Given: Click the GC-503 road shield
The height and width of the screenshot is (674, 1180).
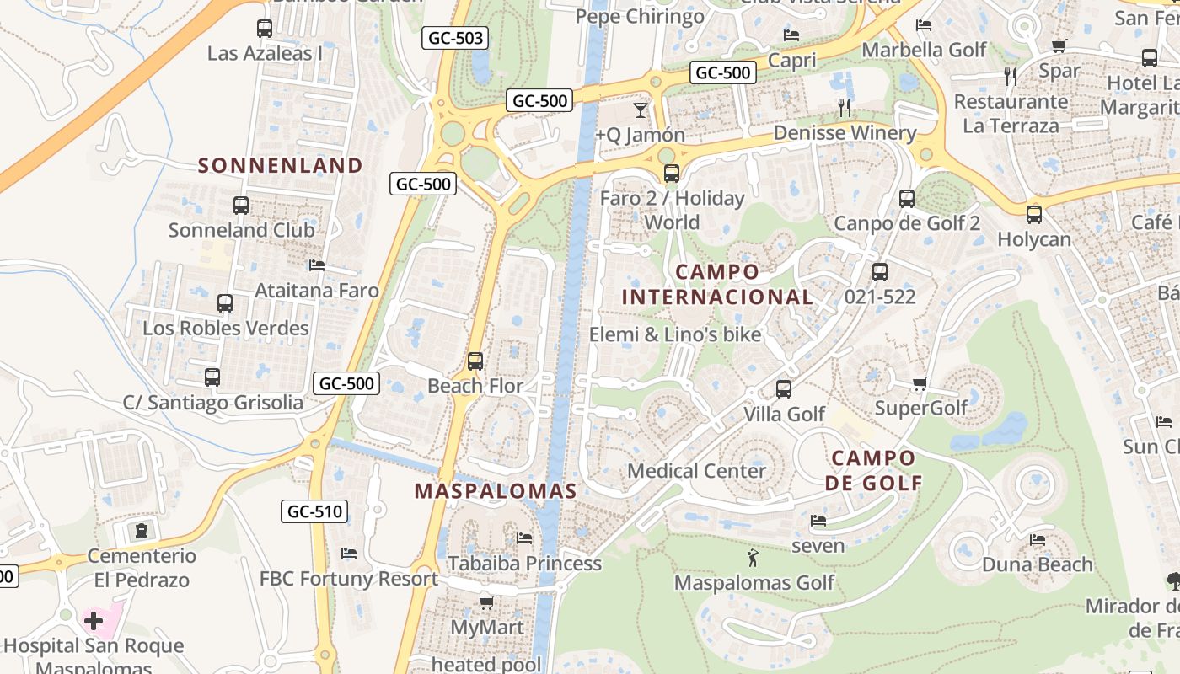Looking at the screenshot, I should point(455,38).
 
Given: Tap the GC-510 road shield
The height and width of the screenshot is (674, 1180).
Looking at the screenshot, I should point(314,511).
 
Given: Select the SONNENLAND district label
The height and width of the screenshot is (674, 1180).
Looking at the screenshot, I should point(280,165).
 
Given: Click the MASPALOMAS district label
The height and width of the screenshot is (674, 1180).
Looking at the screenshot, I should point(496,491).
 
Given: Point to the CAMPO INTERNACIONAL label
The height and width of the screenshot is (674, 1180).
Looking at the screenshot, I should point(717,285).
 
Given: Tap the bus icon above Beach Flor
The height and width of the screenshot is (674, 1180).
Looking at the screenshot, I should point(475,361).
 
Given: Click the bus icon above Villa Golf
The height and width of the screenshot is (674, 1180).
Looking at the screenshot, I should point(784,389).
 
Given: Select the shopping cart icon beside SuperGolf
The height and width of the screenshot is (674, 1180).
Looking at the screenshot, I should point(920,384).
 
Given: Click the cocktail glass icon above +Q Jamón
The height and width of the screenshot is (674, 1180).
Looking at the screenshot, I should point(641,110).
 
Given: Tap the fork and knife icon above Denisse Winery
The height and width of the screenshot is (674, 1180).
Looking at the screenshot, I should point(845,108).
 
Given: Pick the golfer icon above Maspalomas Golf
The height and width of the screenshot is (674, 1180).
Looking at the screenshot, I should point(753,557).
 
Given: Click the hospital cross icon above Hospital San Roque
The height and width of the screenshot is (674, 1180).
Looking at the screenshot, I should point(94,622).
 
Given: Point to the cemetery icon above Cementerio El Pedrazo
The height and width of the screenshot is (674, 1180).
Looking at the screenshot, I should point(142,532).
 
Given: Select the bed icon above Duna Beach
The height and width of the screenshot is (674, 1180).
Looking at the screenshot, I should point(1038,540).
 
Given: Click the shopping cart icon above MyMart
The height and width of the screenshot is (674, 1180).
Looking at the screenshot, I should point(486,602).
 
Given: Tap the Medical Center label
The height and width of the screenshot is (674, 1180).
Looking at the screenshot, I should point(696,471).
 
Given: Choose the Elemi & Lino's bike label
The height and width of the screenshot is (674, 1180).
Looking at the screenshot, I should point(675,334).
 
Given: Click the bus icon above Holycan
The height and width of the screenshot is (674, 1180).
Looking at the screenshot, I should point(1034,215).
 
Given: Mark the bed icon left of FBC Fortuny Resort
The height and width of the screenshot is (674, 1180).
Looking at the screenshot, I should point(349,554).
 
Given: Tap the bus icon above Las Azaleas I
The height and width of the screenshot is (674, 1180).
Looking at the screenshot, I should point(265,29).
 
